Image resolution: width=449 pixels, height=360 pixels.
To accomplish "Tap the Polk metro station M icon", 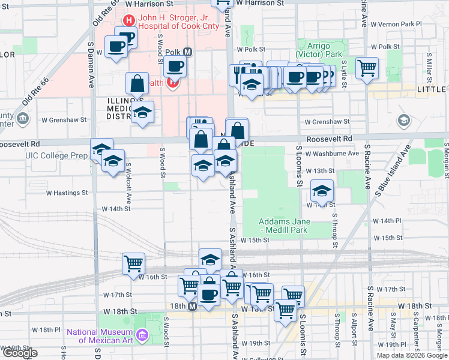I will tap(188, 52).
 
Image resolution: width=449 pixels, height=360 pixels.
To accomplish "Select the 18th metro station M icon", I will tap(193, 306).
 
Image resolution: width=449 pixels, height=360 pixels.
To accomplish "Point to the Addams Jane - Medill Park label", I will tap(283, 226).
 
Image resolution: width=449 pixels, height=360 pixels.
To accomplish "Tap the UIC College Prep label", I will tap(52, 155).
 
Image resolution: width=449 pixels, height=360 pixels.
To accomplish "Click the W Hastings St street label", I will tap(67, 193).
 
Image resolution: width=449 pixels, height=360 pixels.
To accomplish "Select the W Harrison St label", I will tap(259, 4).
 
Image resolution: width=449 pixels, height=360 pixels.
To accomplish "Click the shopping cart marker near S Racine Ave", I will tap(367, 67).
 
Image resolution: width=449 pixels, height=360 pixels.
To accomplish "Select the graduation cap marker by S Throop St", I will tap(322, 191).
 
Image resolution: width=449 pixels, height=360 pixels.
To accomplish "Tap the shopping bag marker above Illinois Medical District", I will tap(137, 83).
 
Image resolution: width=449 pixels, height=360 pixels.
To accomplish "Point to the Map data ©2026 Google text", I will tap(412, 355).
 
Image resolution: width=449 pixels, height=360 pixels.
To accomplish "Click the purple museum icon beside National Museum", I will tap(142, 334).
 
